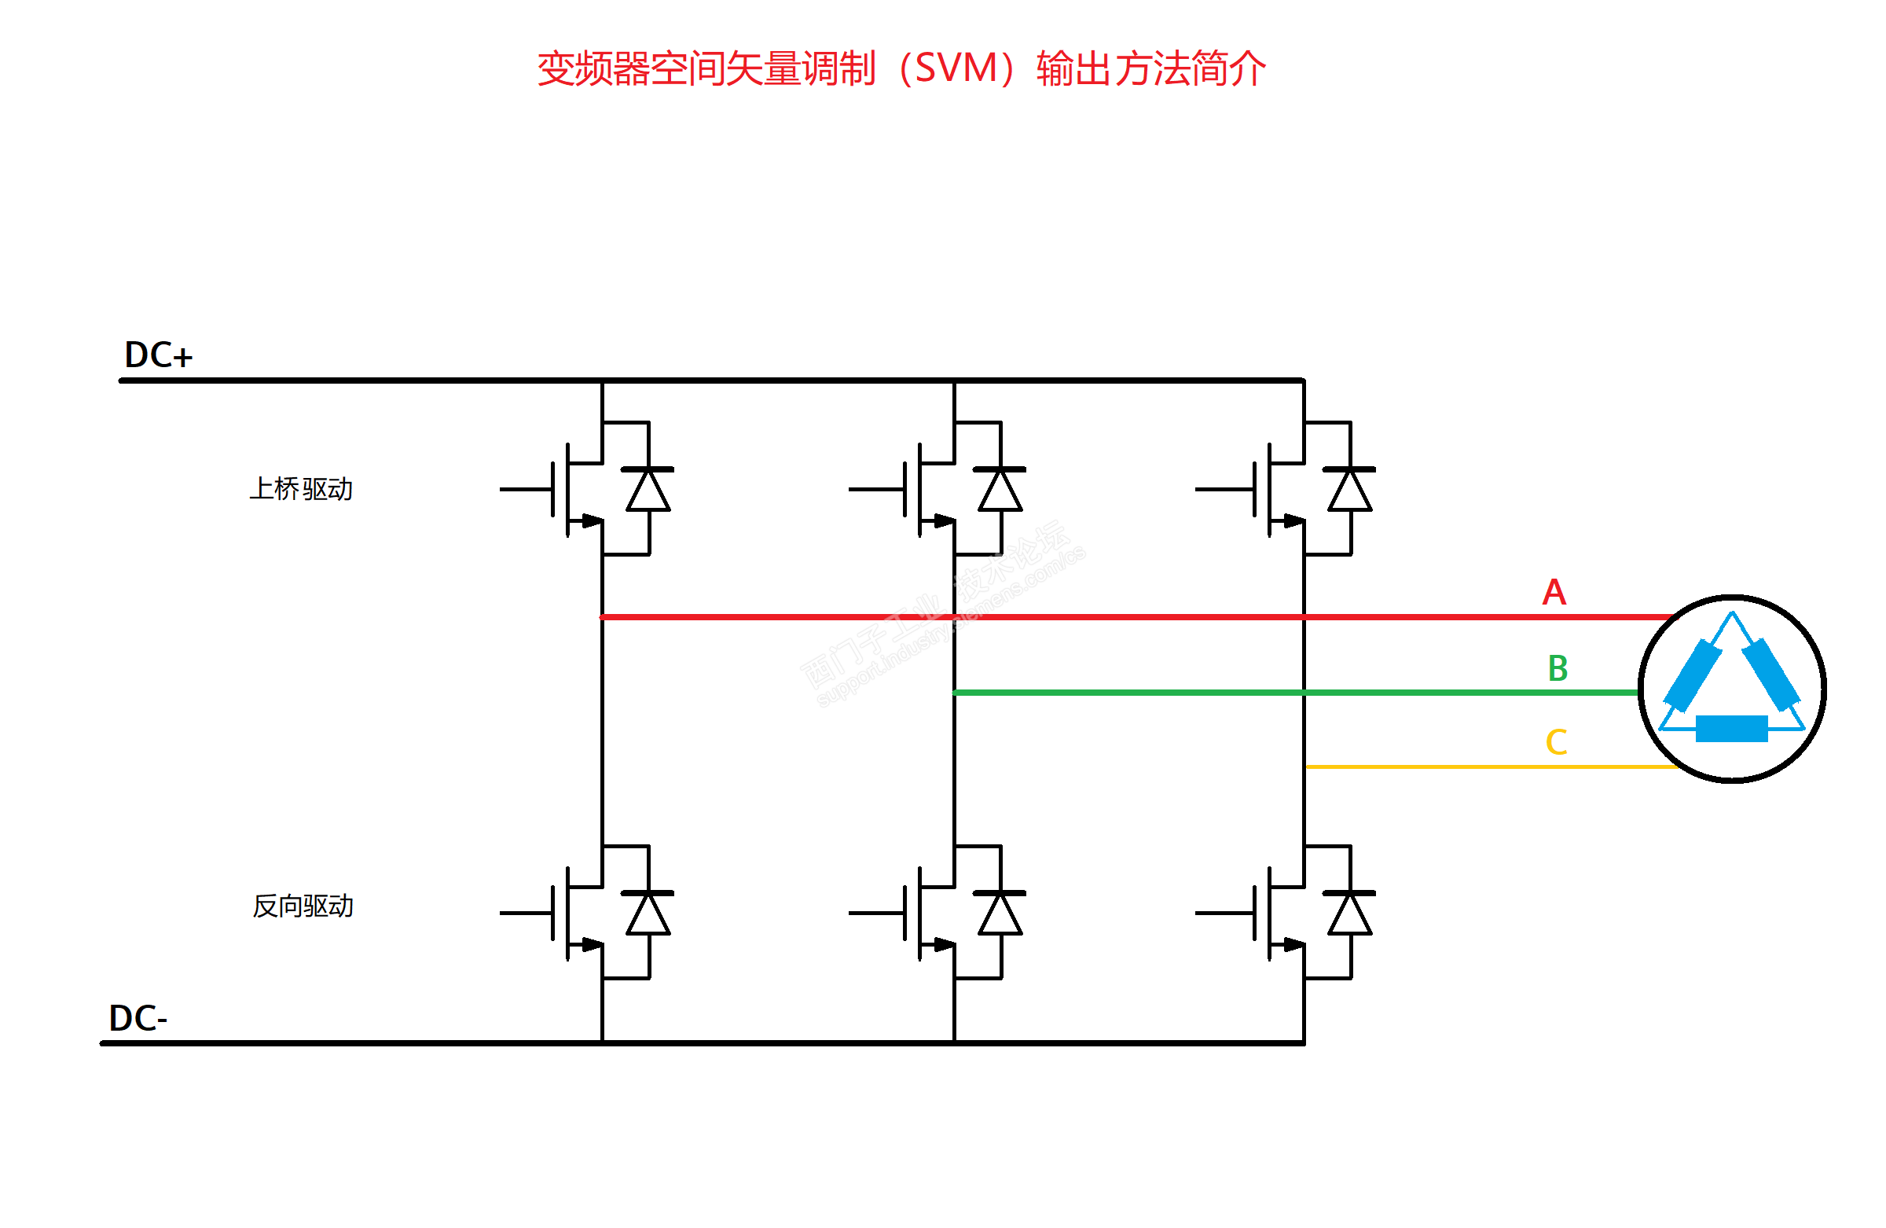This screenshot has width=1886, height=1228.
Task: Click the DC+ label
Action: click(159, 355)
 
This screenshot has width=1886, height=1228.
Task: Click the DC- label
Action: click(138, 1019)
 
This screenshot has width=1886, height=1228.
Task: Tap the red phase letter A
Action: click(1554, 593)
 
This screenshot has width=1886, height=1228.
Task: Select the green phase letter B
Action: click(1558, 669)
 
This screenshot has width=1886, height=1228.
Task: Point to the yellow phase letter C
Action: click(1555, 743)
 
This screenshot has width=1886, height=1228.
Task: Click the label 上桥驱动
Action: click(301, 489)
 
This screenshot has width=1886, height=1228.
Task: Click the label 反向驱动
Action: click(303, 906)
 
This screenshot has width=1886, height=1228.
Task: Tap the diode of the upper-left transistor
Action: click(648, 490)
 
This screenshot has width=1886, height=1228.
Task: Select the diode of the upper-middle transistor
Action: click(1000, 490)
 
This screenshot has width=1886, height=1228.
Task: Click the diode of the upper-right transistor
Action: click(1349, 490)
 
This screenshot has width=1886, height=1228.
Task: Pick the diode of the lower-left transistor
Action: click(648, 914)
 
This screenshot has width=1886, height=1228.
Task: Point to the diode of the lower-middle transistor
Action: click(1000, 914)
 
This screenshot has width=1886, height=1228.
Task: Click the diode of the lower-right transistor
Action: click(1349, 914)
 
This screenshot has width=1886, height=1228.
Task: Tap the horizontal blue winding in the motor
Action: click(1731, 729)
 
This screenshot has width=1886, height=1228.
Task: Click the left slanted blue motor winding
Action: click(1693, 675)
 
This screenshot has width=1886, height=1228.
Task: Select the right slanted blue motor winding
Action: click(1771, 675)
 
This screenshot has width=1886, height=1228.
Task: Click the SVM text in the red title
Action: click(956, 68)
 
